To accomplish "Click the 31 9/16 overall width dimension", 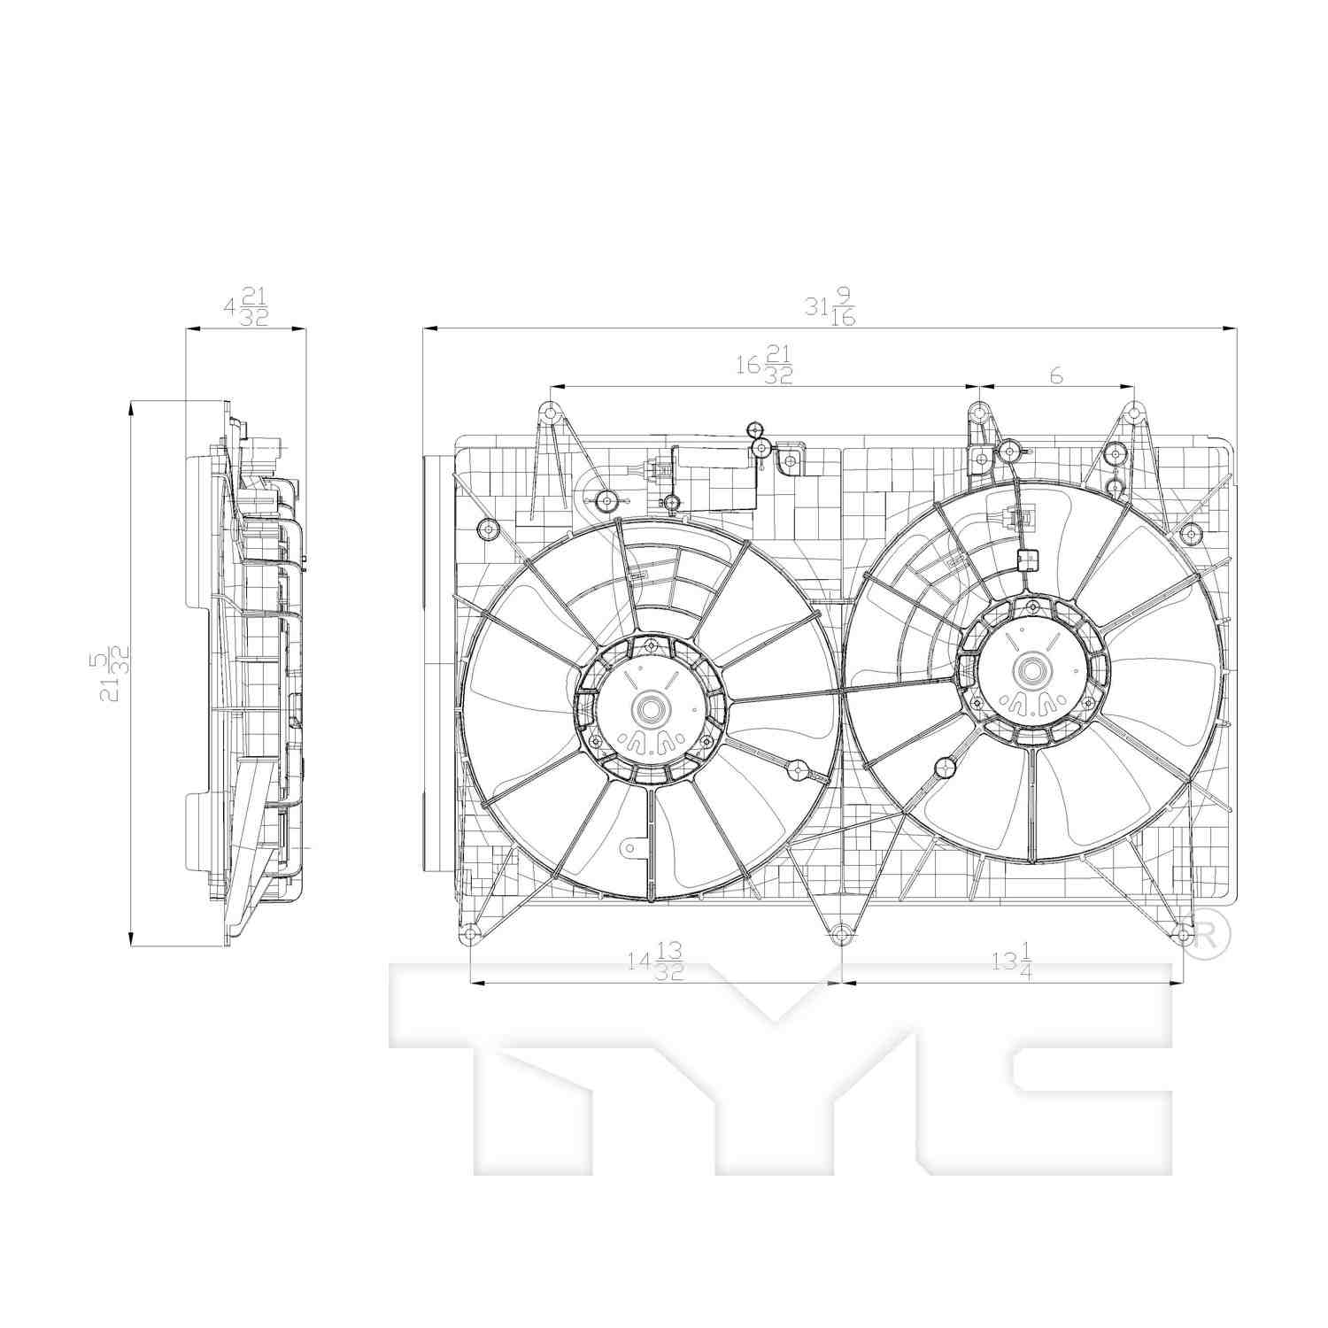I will [x=830, y=310].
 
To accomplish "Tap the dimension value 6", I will [x=1055, y=375].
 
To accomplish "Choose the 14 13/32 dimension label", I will [x=656, y=961].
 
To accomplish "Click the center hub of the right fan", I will [x=1031, y=670].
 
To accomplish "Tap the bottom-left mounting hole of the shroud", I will [x=469, y=934].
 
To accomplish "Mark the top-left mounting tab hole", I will [x=550, y=412].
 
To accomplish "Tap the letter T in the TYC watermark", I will [x=531, y=1062].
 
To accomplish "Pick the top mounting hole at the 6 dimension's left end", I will [x=978, y=412].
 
